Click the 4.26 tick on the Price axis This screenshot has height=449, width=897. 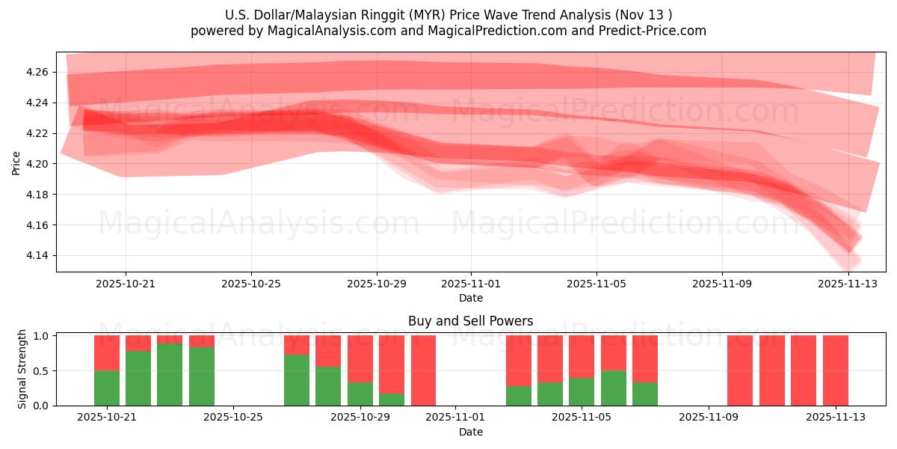[37, 72]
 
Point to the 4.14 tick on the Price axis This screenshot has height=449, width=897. [37, 256]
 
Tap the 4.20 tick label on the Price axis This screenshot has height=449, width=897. [37, 164]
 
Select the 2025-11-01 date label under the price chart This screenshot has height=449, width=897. [471, 284]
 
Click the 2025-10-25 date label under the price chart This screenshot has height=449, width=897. [251, 284]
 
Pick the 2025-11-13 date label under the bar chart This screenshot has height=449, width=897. [835, 418]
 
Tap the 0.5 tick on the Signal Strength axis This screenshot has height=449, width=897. [42, 370]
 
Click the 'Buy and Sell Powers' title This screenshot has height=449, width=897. [471, 321]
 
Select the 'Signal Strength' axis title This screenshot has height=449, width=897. [22, 369]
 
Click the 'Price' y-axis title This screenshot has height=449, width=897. [16, 162]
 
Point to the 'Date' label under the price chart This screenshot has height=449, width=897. [471, 298]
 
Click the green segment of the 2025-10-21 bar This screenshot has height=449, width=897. [107, 388]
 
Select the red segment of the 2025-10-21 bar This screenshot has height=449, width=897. [107, 352]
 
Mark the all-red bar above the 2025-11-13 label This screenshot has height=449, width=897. [835, 370]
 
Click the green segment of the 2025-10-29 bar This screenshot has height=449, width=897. [360, 394]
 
